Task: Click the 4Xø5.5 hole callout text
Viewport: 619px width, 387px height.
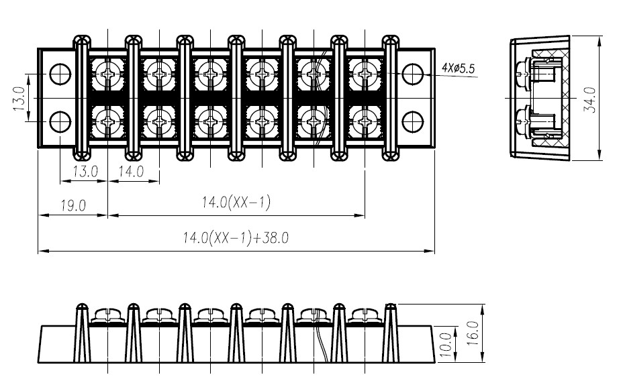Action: [458, 68]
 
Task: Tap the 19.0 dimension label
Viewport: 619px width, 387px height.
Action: [73, 205]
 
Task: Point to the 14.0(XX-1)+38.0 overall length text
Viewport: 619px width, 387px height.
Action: [236, 238]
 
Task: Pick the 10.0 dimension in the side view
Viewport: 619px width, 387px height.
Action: [445, 344]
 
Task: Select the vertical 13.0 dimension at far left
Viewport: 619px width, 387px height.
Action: [19, 99]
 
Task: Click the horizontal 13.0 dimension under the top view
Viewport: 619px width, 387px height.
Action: [85, 172]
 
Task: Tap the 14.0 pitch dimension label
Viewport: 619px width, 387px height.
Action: [132, 172]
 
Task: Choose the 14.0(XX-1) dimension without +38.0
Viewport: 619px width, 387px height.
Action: [236, 203]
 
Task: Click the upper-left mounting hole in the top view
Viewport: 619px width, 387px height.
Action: [60, 74]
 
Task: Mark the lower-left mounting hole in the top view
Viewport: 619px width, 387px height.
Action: [60, 122]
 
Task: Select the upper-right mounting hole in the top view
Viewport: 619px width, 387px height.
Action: [413, 74]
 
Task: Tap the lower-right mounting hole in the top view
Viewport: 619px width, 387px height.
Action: [413, 122]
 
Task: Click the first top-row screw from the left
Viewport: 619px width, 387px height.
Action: [107, 74]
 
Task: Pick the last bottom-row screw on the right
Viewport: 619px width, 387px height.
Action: [365, 122]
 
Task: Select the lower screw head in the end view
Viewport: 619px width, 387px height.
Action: [522, 121]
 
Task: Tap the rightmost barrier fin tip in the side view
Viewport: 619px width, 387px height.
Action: [390, 305]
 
